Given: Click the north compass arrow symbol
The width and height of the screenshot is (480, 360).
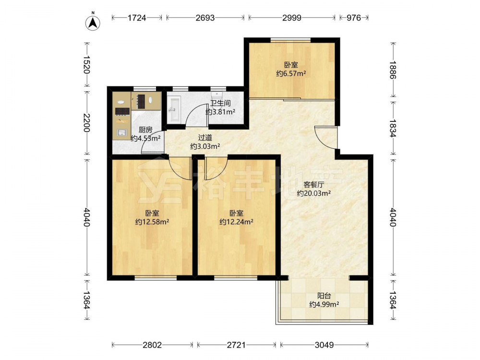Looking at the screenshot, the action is click(x=93, y=22).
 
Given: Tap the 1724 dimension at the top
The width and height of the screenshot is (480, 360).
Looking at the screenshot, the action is click(x=136, y=18).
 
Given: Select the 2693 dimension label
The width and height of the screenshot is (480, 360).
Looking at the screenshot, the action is click(x=205, y=18).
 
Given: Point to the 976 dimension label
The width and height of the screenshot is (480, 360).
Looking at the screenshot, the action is click(x=354, y=18).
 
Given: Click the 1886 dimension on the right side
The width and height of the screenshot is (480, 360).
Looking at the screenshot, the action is click(x=393, y=70).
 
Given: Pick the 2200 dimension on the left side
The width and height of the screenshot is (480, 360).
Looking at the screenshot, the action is click(x=87, y=123).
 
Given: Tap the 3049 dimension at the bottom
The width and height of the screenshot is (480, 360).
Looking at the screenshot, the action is click(x=324, y=345).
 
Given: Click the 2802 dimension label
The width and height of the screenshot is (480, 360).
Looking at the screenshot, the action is click(x=152, y=345).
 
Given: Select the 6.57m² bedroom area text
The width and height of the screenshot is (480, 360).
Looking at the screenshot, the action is click(x=291, y=73).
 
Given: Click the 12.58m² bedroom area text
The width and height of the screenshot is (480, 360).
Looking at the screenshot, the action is click(x=152, y=222).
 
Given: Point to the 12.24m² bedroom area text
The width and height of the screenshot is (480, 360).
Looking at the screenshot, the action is click(x=236, y=222).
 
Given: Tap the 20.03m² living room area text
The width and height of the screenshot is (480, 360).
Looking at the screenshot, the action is click(x=314, y=193).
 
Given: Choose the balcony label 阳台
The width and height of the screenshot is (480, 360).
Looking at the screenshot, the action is click(x=324, y=296).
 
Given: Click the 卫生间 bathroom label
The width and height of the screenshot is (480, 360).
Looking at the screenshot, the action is click(x=220, y=103).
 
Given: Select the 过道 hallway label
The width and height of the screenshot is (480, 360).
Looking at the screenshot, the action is click(x=205, y=138).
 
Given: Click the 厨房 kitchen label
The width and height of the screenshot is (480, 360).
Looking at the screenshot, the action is click(x=145, y=130).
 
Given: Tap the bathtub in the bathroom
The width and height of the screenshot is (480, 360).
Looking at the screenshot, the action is click(x=174, y=108).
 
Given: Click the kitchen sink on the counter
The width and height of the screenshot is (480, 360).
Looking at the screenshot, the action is click(x=122, y=132).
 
